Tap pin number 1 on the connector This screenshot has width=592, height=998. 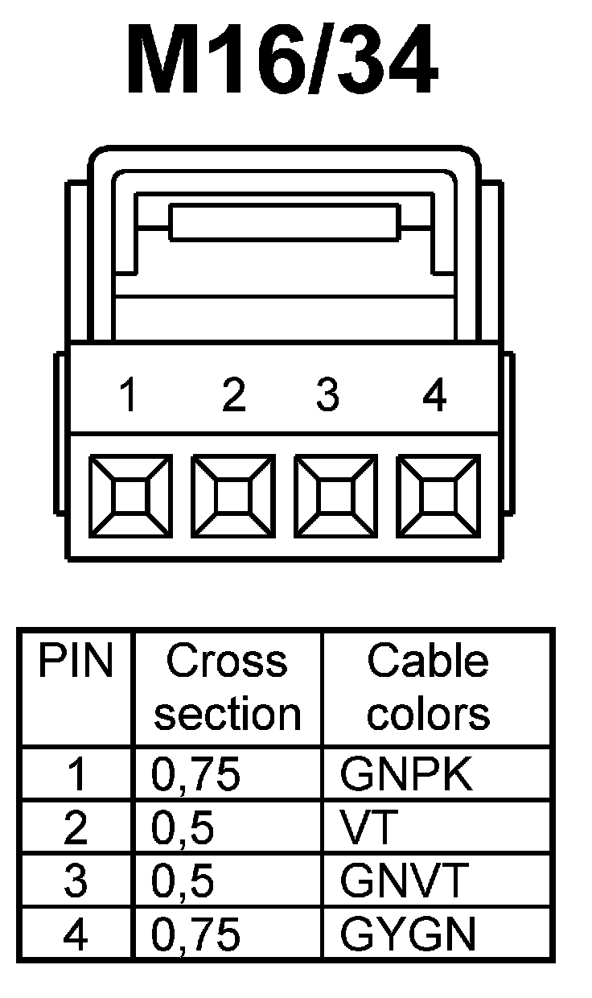126,396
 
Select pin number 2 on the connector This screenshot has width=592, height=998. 232,396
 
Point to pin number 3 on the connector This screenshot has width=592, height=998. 327,396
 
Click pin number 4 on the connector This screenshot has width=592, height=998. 434,396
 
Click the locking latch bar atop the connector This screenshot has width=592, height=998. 285,222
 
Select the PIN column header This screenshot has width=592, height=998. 76,662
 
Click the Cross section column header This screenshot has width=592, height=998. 228,687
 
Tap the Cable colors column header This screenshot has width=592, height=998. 428,687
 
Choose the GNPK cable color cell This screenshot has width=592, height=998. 405,775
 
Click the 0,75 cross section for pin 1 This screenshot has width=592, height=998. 196,775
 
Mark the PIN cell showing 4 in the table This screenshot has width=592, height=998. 76,934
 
